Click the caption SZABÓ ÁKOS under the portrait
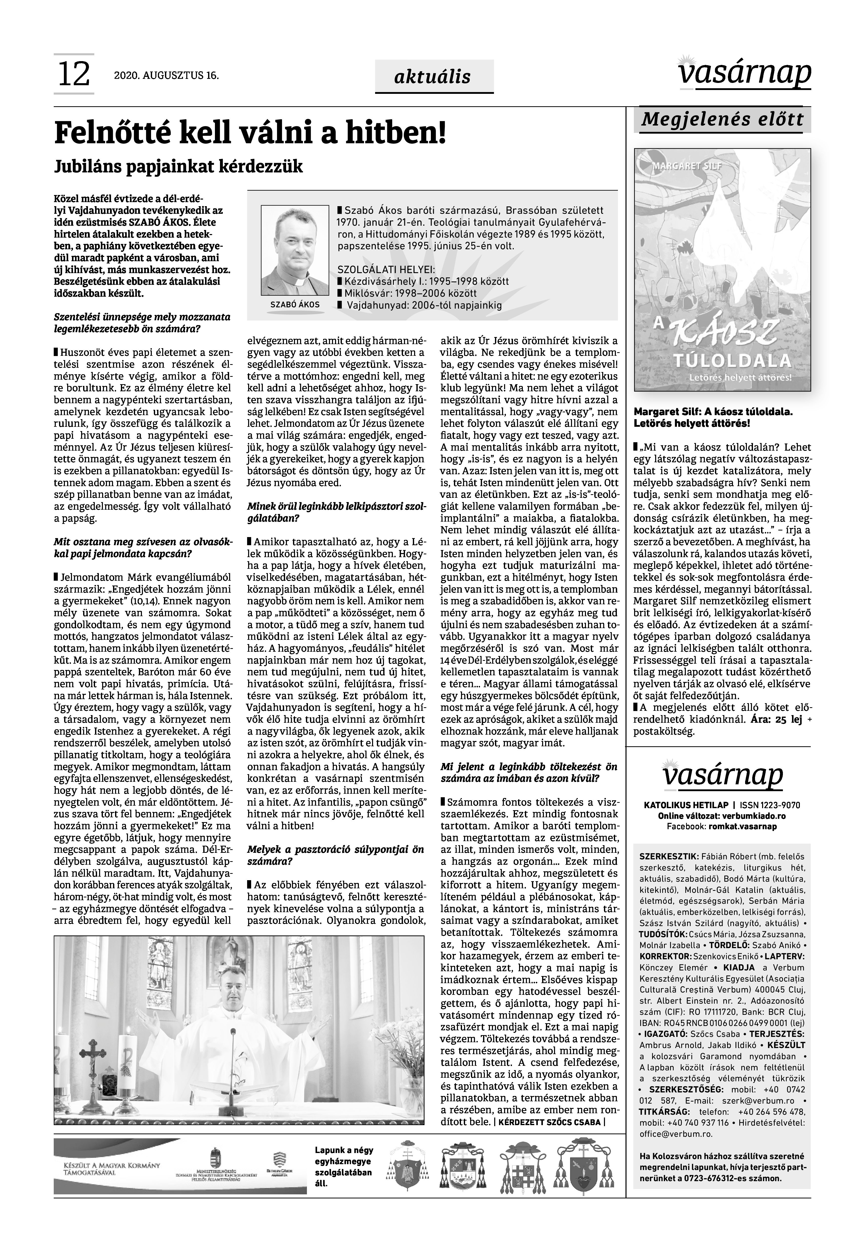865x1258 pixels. click(x=295, y=305)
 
